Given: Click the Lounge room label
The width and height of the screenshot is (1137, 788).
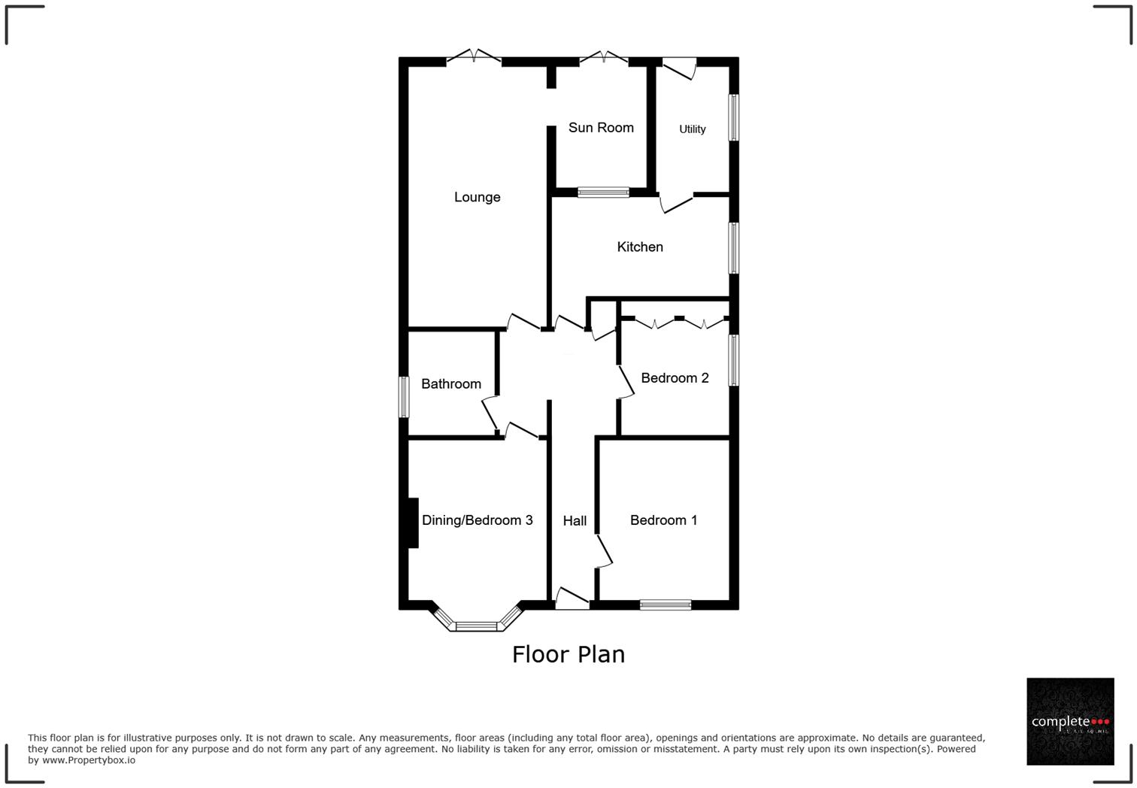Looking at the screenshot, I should pyautogui.click(x=477, y=197).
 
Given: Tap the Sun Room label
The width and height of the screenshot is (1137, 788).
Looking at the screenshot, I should pyautogui.click(x=601, y=128).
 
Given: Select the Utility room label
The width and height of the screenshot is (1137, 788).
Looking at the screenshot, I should pyautogui.click(x=692, y=129).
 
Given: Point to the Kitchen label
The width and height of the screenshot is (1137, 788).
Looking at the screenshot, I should pyautogui.click(x=640, y=247).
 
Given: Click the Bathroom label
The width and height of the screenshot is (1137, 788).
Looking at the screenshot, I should pyautogui.click(x=450, y=384).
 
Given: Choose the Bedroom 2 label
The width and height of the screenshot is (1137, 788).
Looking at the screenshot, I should pyautogui.click(x=675, y=377).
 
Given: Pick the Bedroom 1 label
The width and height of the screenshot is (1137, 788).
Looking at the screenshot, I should pyautogui.click(x=663, y=520).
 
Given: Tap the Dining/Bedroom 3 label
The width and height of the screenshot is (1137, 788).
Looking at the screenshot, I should pyautogui.click(x=477, y=520).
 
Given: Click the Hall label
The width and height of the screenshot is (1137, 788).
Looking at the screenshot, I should pyautogui.click(x=575, y=520).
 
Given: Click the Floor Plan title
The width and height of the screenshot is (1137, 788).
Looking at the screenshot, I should pyautogui.click(x=568, y=654).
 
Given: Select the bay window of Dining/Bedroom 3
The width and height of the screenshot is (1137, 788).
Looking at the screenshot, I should pyautogui.click(x=477, y=624).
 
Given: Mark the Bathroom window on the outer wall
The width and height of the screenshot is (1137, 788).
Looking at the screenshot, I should pyautogui.click(x=404, y=396).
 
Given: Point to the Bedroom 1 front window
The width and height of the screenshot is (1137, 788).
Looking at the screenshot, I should pyautogui.click(x=666, y=604).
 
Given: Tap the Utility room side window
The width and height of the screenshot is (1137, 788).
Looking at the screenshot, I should pyautogui.click(x=734, y=117).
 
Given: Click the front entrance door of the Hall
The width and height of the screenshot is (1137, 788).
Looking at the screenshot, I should pyautogui.click(x=572, y=599).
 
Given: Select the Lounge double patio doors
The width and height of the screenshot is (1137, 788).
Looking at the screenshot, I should pyautogui.click(x=474, y=57).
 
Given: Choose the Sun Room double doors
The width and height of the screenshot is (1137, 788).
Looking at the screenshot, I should pyautogui.click(x=603, y=57).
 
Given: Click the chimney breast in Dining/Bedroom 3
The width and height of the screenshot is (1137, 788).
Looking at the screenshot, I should pyautogui.click(x=412, y=523).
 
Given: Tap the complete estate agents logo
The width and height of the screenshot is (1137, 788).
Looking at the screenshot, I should pyautogui.click(x=1069, y=721).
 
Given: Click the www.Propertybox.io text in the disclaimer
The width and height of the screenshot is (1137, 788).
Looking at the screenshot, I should pyautogui.click(x=89, y=760).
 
